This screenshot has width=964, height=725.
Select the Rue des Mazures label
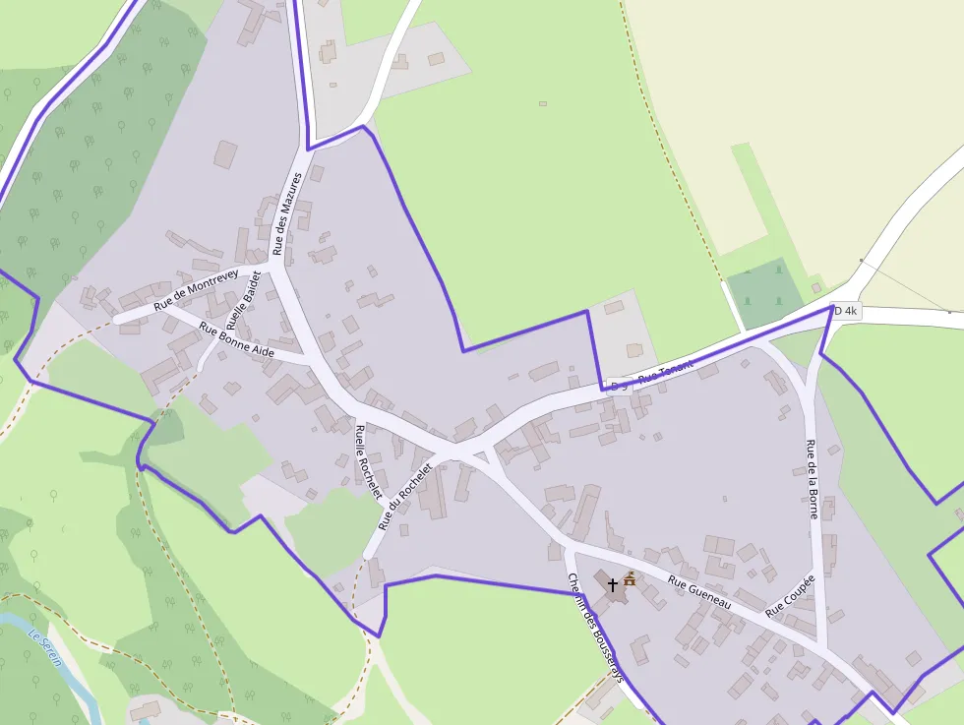click(x=286, y=214)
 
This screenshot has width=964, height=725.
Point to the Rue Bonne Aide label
click(x=236, y=339)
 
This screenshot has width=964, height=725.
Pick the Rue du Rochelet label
click(x=405, y=498)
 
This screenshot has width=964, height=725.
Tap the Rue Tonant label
click(x=666, y=371)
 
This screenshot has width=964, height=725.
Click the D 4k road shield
click(x=845, y=311)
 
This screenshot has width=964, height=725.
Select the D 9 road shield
click(x=619, y=386)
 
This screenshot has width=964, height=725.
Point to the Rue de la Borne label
click(x=813, y=478)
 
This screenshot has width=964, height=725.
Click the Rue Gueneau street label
click(x=699, y=592)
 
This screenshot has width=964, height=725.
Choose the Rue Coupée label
click(x=791, y=596)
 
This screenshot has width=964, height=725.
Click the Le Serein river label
click(x=45, y=647)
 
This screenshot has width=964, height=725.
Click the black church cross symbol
click(x=613, y=584)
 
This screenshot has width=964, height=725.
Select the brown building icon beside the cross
click(x=630, y=579)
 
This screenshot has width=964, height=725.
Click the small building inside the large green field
click(x=542, y=102)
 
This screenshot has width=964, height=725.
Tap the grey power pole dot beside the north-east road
click(x=861, y=261)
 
